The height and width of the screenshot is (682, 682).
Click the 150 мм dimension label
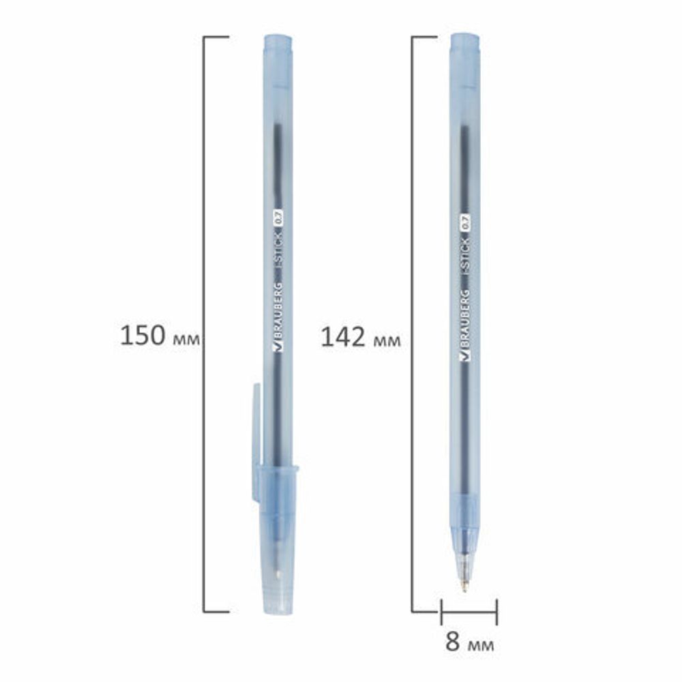[x=160, y=336]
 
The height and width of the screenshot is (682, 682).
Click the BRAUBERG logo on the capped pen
[x=278, y=316]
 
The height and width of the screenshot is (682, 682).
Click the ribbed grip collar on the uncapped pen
[x=464, y=509]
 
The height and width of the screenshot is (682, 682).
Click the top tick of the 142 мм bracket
[x=424, y=36]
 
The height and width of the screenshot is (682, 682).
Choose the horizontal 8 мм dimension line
[x=469, y=611]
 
